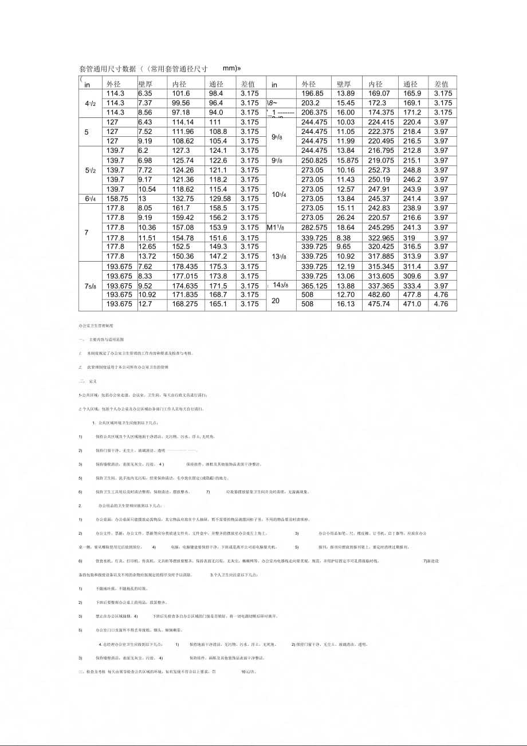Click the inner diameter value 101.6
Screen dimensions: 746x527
tap(181, 93)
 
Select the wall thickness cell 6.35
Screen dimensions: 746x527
tap(145, 93)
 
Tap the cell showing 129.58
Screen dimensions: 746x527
tap(220, 199)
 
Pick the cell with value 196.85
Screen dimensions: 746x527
tap(312, 93)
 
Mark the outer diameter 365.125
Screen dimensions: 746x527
tap(314, 286)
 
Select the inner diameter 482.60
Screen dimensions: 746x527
tap(379, 295)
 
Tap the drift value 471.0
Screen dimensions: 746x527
tap(412, 304)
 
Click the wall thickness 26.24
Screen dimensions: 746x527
tap(346, 218)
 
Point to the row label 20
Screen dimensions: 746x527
tap(276, 300)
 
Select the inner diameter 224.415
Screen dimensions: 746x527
tap(381, 122)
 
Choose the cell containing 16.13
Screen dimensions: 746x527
tap(346, 304)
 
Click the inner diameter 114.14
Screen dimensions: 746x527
tap(183, 122)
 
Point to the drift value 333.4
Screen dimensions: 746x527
tap(412, 286)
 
